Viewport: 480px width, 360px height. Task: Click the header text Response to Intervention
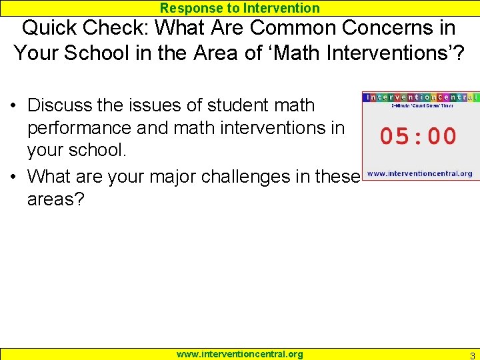[x=240, y=8]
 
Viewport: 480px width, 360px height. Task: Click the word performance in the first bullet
[x=84, y=127]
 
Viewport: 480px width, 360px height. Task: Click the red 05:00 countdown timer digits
[x=419, y=137]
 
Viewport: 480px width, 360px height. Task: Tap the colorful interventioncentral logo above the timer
[x=421, y=97]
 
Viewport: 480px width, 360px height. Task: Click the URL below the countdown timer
[x=420, y=173]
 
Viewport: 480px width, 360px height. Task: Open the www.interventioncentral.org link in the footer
[x=239, y=354]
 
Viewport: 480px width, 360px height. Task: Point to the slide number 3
[x=472, y=355]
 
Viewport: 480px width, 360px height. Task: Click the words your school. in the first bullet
[x=77, y=150]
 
